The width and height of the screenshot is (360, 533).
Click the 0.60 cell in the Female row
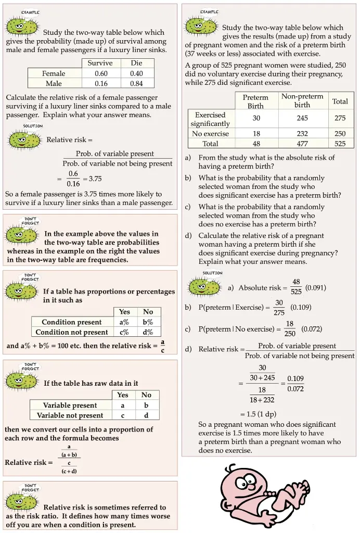click(101, 73)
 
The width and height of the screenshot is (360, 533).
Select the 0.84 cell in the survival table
click(136, 83)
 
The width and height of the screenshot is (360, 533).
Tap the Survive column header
click(100, 63)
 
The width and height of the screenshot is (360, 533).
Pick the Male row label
click(54, 83)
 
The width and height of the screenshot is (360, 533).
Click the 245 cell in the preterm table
click(302, 118)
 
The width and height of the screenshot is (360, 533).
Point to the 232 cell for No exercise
click(302, 134)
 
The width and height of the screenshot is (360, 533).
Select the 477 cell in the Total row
click(302, 144)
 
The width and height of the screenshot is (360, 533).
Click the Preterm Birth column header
click(255, 101)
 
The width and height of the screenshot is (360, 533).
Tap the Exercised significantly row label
click(210, 119)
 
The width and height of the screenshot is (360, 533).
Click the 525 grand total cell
click(340, 144)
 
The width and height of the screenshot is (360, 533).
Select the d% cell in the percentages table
click(148, 332)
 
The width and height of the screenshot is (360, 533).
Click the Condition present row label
click(72, 322)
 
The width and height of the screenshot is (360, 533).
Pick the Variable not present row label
click(70, 415)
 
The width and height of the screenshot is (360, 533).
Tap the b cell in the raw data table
click(146, 405)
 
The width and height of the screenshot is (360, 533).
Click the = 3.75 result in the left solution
click(92, 179)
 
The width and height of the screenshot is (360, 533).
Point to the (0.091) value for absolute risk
click(316, 287)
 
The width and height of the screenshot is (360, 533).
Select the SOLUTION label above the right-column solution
click(212, 273)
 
